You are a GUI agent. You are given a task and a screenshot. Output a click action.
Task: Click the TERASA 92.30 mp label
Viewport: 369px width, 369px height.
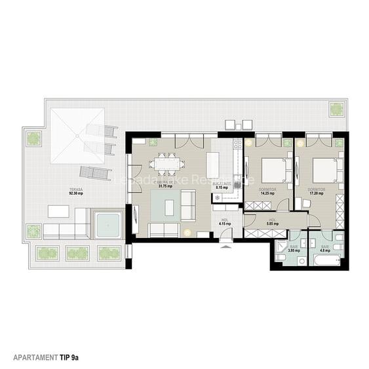click(77, 191)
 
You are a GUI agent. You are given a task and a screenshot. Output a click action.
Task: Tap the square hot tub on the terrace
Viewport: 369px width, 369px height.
click(107, 224)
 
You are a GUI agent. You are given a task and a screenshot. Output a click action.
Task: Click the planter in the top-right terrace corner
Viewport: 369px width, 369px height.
click(337, 109)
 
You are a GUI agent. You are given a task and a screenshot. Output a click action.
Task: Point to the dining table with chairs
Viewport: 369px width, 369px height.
click(166, 164)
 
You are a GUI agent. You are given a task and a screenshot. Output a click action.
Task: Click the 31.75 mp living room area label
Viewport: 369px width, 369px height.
click(165, 185)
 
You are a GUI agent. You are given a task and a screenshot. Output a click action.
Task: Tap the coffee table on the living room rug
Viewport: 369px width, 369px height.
click(170, 207)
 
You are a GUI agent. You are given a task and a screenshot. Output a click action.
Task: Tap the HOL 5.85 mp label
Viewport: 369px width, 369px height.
click(273, 222)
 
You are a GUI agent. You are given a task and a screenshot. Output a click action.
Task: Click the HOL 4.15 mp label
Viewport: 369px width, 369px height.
click(223, 222)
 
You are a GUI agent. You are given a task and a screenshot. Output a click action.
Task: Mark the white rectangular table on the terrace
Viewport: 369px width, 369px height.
click(58, 212)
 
